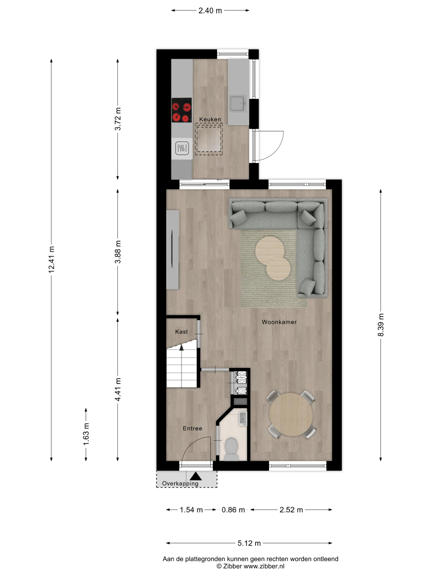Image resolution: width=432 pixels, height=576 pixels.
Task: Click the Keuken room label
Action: pyautogui.click(x=210, y=119)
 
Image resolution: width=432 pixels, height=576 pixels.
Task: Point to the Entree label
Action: pyautogui.click(x=192, y=428)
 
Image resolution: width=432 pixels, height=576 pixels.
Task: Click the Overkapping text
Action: pyautogui.click(x=180, y=484)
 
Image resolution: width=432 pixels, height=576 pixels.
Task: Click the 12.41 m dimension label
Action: pyautogui.click(x=51, y=260)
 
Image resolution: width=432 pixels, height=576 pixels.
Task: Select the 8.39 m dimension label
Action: pyautogui.click(x=381, y=325)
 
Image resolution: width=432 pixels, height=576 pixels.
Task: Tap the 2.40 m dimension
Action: pyautogui.click(x=210, y=10)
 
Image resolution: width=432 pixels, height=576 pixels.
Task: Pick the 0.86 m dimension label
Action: pyautogui.click(x=233, y=510)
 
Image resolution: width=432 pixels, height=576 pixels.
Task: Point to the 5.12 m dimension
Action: pyautogui.click(x=249, y=543)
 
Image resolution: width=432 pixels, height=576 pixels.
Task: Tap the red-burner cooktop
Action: pyautogui.click(x=182, y=110)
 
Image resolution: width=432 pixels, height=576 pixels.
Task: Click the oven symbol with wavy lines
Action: pyautogui.click(x=182, y=148)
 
